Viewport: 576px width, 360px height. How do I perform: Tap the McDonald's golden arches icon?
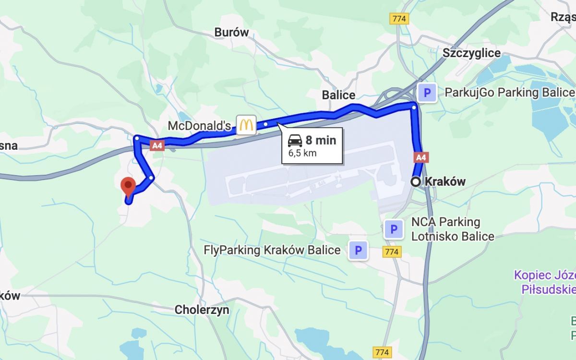coord(246,125)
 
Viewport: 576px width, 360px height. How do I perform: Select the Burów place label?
coord(231,33)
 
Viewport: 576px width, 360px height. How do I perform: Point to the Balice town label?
coord(338,95)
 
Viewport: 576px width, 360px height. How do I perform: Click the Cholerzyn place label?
coord(202,310)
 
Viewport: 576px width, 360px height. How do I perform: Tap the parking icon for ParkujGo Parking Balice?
coord(427,92)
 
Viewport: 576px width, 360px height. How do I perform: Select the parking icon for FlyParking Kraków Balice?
coord(358,250)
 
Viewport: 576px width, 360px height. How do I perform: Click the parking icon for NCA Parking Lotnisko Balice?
coord(394,229)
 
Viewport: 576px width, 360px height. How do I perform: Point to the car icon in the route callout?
coord(295,141)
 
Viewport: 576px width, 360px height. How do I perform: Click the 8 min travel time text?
coord(321,141)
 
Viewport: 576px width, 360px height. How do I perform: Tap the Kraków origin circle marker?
coord(416,181)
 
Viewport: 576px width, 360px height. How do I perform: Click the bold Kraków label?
coord(445,181)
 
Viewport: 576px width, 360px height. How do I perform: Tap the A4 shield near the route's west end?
coord(156,145)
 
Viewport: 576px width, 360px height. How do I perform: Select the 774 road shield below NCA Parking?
coord(392,251)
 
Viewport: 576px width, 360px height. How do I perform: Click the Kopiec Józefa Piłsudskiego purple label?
coord(545,282)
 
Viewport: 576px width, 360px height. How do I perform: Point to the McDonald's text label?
coord(200,126)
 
